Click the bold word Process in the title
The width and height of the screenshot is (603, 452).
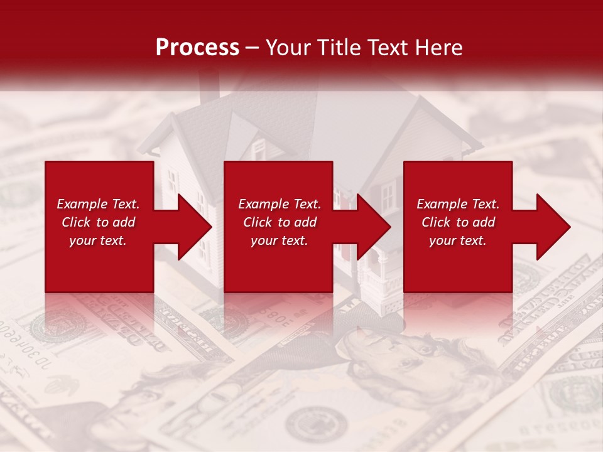pos(197,48)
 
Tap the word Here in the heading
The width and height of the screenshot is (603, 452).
pos(438,48)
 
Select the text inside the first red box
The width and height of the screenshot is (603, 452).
pos(98,222)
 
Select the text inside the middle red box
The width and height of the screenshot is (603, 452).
pos(279,222)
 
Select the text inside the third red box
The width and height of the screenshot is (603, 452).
pos(458,222)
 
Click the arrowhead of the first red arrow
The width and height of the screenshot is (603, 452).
pos(195,227)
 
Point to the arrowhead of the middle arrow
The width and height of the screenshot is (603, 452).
pos(374,227)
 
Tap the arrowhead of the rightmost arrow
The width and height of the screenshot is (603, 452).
pos(554,227)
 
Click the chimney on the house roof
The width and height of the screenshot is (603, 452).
pos(209,84)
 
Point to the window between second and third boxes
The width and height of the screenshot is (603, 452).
pos(388,195)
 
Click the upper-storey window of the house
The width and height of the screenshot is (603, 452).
pos(258,149)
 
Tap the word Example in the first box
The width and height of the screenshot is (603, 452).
pos(81,204)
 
